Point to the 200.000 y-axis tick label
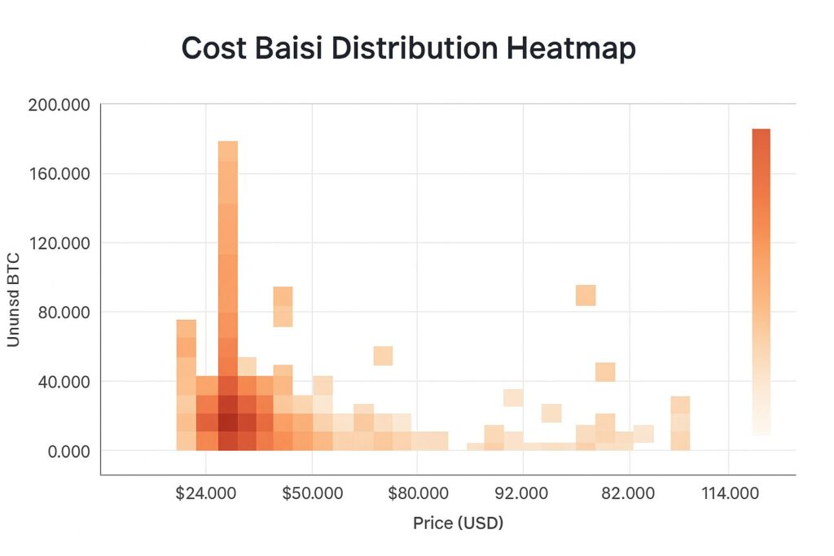pyautogui.click(x=59, y=105)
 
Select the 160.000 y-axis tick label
pyautogui.click(x=59, y=173)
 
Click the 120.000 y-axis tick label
pyautogui.click(x=59, y=243)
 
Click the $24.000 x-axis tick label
pyautogui.click(x=206, y=494)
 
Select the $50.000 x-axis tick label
pyautogui.click(x=312, y=494)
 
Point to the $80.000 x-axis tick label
pyautogui.click(x=417, y=494)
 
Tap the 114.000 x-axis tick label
pyautogui.click(x=729, y=494)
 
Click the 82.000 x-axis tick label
pyautogui.click(x=628, y=494)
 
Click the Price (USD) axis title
pyautogui.click(x=458, y=523)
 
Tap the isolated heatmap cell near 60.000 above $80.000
pyautogui.click(x=383, y=356)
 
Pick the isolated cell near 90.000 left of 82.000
pyautogui.click(x=586, y=296)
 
